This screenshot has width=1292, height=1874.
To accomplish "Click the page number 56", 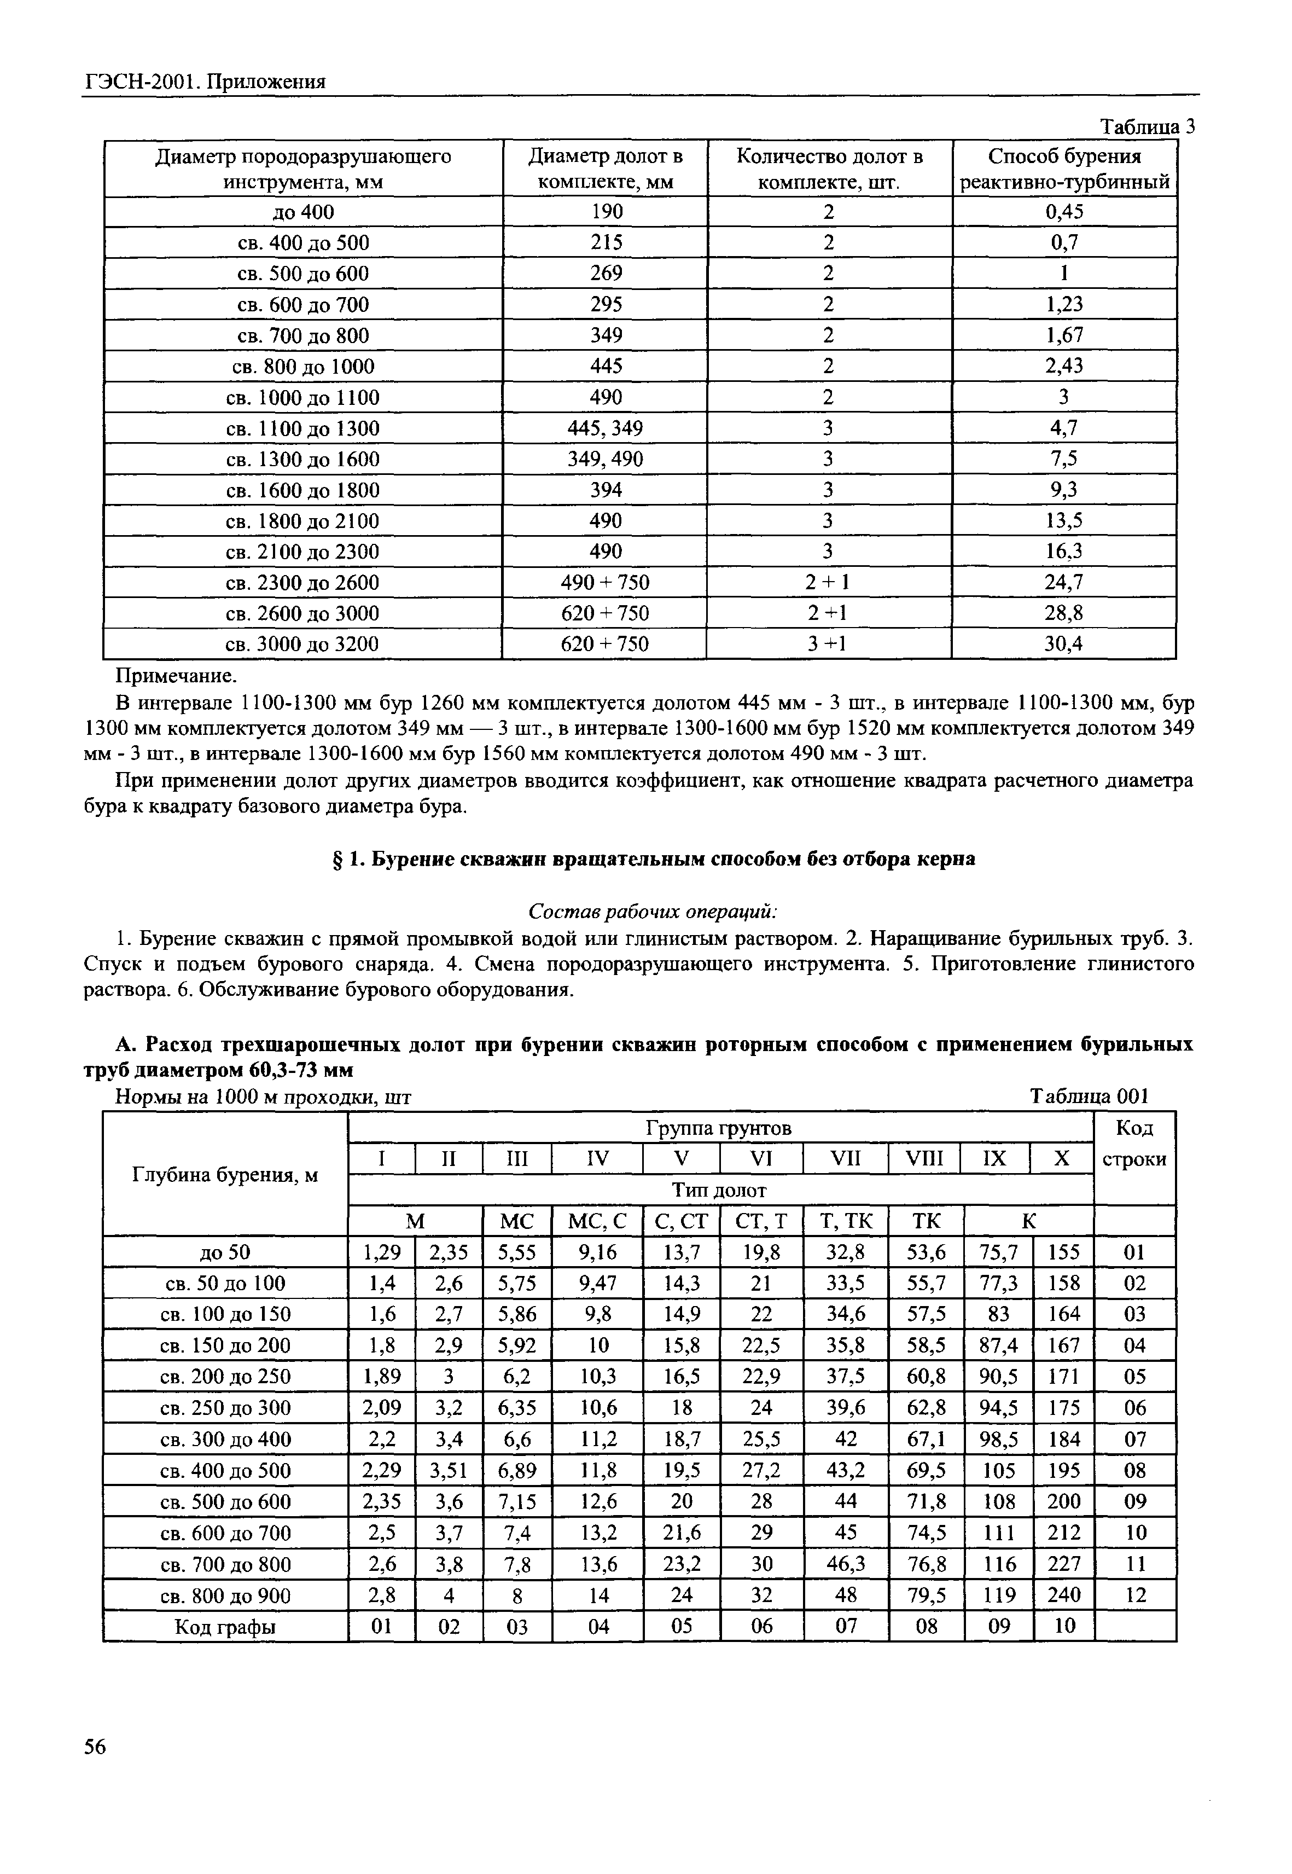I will coord(96,1747).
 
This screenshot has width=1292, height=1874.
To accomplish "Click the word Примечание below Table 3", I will coord(177,675).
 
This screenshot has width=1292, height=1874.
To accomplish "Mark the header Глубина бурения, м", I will coord(225,1174).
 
